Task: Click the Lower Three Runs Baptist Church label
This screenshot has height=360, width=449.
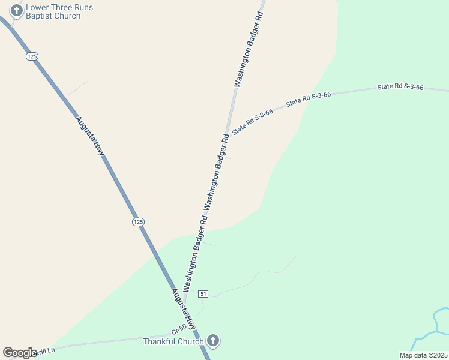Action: (53, 11)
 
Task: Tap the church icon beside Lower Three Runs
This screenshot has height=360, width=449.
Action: (17, 11)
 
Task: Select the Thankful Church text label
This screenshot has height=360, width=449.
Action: (173, 341)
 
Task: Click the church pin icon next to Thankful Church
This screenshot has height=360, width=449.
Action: (212, 341)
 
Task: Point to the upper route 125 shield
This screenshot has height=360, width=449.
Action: (32, 56)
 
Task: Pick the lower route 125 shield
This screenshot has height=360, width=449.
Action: (138, 222)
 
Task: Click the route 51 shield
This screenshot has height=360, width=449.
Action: (203, 293)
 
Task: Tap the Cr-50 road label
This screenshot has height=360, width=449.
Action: (179, 329)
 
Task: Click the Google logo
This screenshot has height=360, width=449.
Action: (20, 353)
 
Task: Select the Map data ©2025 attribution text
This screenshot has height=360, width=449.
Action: (423, 355)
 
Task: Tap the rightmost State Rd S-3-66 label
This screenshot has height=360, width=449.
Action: (400, 88)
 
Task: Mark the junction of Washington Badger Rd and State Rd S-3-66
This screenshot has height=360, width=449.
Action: (226, 134)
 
